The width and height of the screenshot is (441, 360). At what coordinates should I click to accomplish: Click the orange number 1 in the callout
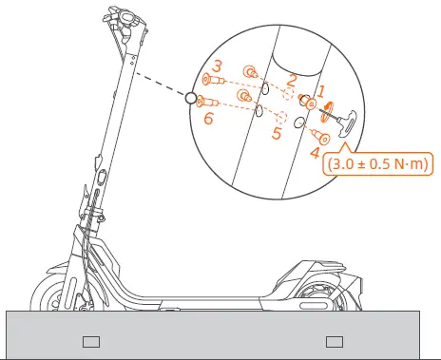pyautogui.click(x=321, y=90)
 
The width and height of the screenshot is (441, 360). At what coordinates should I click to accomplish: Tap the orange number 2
pyautogui.click(x=293, y=81)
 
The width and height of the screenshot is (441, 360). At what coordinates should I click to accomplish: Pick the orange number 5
pyautogui.click(x=276, y=134)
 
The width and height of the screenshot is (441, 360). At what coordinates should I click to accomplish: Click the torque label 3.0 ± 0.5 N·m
pyautogui.click(x=378, y=164)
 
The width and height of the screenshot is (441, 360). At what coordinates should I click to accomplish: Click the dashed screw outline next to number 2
pyautogui.click(x=288, y=95)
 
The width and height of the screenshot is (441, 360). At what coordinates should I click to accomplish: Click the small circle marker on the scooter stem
pyautogui.click(x=190, y=97)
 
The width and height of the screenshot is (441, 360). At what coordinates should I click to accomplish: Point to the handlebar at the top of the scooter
pyautogui.click(x=132, y=19)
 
